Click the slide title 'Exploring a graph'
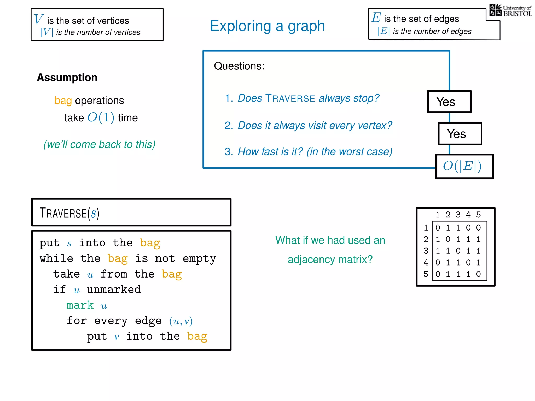click(267, 26)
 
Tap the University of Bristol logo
click(510, 10)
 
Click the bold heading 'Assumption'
click(67, 78)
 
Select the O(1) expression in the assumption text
click(101, 117)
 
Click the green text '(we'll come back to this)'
click(99, 144)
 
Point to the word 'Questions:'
click(239, 66)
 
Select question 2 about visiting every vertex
click(308, 126)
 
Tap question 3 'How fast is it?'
click(308, 152)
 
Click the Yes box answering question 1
click(449, 102)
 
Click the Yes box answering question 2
click(460, 134)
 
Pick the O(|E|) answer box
click(464, 166)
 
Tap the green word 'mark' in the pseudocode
click(80, 305)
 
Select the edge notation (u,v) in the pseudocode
click(181, 321)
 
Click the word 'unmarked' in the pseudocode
click(114, 290)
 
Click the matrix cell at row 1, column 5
click(478, 228)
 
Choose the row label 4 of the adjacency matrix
click(426, 262)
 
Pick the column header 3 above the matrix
click(458, 215)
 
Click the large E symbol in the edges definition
click(376, 18)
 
